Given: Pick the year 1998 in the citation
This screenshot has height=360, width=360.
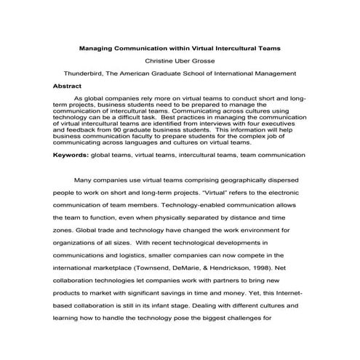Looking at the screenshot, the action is (265, 268).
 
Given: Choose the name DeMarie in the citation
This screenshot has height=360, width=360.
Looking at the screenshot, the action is (191, 268).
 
